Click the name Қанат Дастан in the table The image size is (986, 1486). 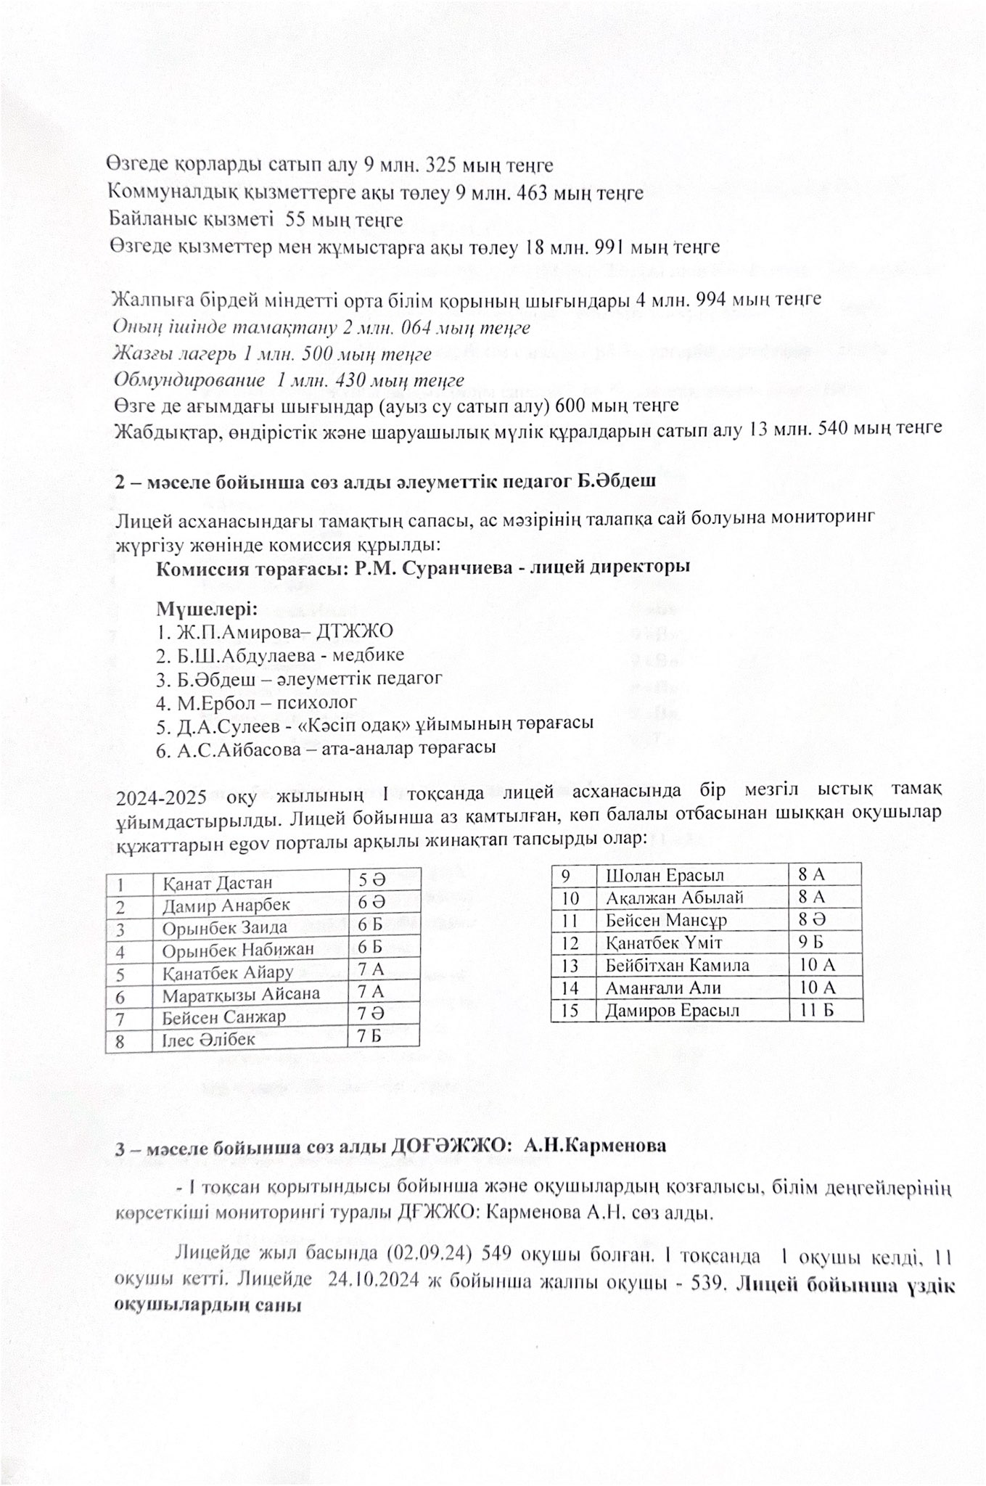(217, 882)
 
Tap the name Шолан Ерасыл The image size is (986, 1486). (665, 875)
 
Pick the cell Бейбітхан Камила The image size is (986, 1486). (677, 965)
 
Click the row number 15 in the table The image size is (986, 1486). (570, 1010)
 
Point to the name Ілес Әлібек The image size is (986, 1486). (208, 1039)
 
